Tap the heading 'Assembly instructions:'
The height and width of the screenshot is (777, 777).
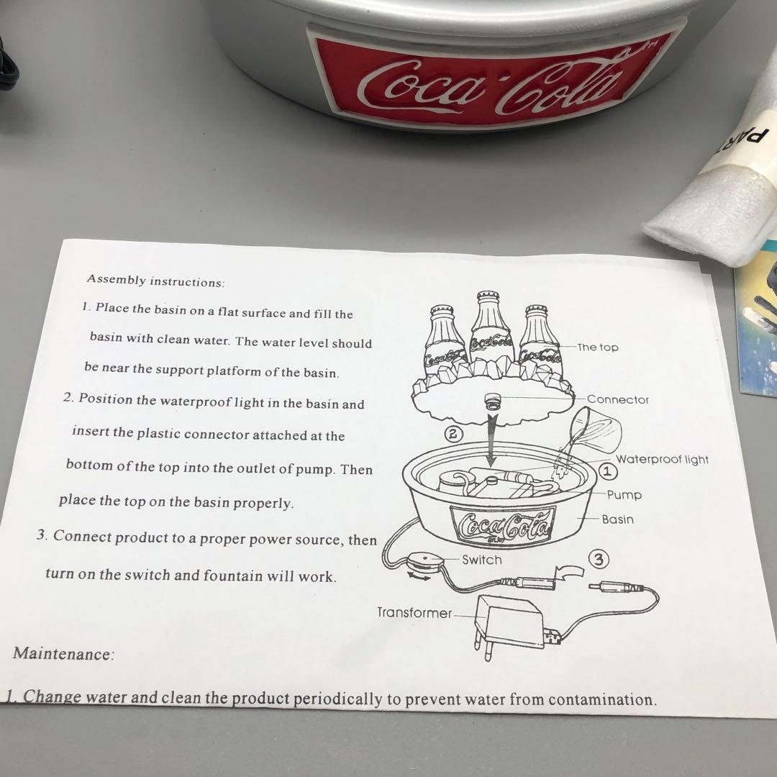click(x=156, y=281)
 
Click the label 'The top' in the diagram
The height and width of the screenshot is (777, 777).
click(x=598, y=347)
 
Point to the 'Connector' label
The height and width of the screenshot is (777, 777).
click(x=617, y=399)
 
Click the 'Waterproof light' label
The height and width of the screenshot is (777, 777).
click(x=661, y=460)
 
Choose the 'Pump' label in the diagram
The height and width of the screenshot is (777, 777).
click(x=624, y=495)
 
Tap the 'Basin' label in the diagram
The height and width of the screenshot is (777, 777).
click(x=617, y=519)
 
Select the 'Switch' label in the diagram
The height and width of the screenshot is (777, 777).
click(x=481, y=559)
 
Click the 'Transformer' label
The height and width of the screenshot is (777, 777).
click(x=414, y=612)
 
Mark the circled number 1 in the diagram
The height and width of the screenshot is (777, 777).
click(x=606, y=471)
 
